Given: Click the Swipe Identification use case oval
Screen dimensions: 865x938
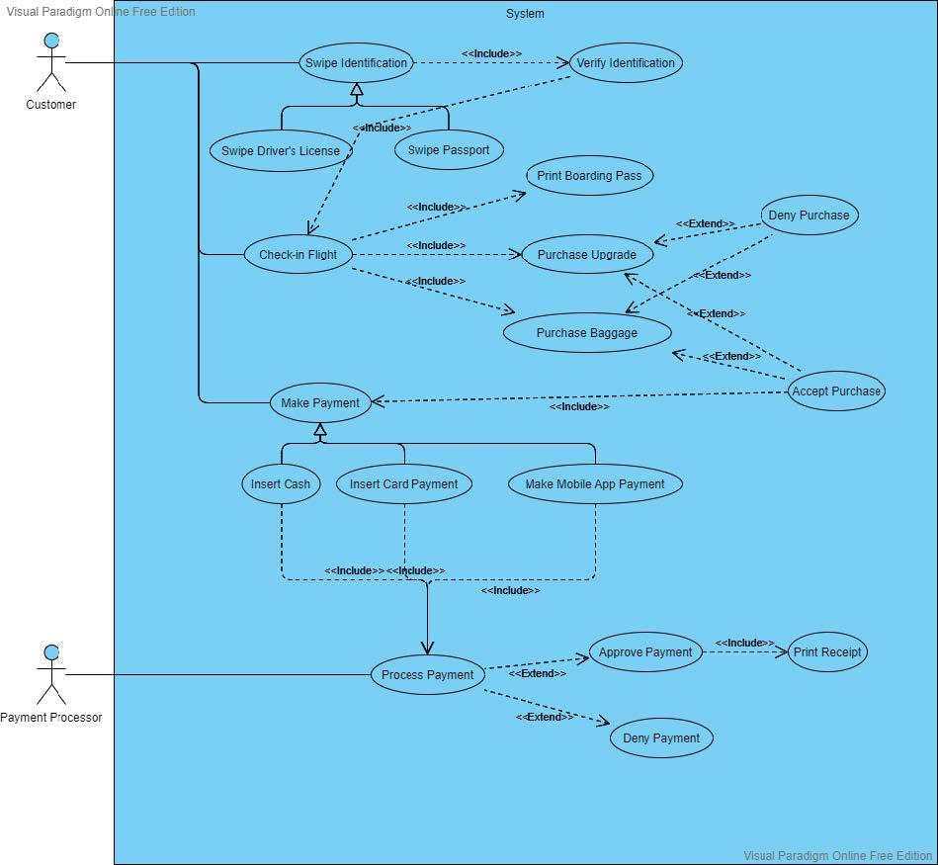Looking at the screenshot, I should pos(356,63).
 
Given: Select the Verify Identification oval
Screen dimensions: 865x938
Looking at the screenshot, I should pos(626,63).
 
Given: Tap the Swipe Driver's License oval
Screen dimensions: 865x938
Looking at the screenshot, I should pos(281,151).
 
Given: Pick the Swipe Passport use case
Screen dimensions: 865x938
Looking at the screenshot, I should pos(449,150).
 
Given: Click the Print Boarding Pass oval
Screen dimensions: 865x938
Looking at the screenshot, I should pos(589,176).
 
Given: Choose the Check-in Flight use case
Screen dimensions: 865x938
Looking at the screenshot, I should pos(298,254).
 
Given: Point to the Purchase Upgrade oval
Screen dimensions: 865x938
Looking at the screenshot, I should pos(587,254).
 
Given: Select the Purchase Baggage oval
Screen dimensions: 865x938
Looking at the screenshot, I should pos(587,333).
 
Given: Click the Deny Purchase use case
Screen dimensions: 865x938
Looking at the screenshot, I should pos(809,215).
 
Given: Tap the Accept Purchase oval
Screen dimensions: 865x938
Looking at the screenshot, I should pos(836,390).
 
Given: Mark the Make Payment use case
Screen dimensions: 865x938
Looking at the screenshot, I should pos(320,402).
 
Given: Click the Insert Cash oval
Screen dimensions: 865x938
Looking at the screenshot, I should pos(281,484).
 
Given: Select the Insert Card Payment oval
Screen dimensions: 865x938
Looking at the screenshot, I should pos(403,484).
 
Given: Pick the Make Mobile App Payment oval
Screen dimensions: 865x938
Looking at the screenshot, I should pos(595,484).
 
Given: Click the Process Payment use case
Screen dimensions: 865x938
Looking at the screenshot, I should pos(428,675).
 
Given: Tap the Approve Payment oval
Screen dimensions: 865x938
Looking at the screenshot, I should pos(645,652).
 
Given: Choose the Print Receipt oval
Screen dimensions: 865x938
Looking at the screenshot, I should pos(827,652).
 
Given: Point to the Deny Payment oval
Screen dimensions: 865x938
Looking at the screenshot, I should pos(661,738).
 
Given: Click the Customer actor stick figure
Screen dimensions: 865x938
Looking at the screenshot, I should pos(51,63).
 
